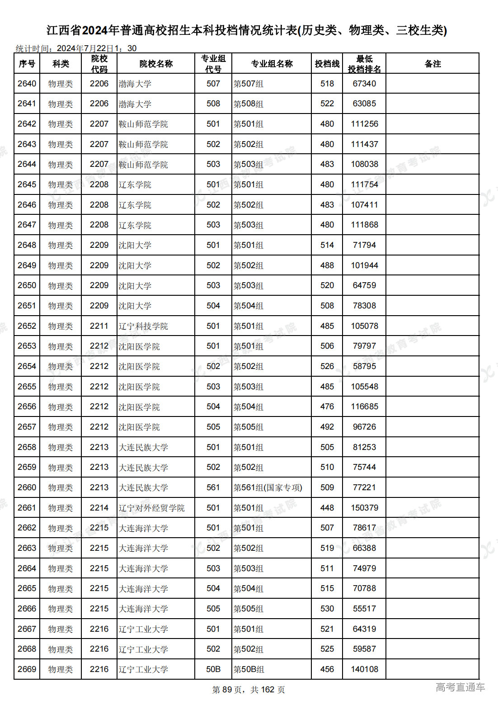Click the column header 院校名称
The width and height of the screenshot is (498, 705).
click(156, 64)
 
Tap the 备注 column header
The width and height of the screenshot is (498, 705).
click(432, 64)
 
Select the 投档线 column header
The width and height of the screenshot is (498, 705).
click(327, 64)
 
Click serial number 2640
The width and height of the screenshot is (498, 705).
click(27, 84)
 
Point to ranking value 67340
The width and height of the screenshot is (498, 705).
click(364, 84)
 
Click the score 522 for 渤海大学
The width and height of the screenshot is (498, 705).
click(327, 104)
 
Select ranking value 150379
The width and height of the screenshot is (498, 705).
click(364, 508)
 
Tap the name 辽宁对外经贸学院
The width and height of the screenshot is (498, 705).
click(151, 508)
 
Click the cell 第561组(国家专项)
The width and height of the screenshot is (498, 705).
click(268, 487)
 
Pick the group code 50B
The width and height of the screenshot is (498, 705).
click(213, 669)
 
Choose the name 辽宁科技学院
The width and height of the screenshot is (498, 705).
click(143, 326)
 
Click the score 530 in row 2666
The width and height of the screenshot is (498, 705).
click(327, 609)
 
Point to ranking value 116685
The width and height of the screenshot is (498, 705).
click(364, 407)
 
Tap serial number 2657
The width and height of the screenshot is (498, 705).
click(27, 427)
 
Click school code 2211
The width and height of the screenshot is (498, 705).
click(99, 326)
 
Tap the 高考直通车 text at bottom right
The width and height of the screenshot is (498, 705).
click(460, 687)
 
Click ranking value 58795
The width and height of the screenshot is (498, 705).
click(364, 366)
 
